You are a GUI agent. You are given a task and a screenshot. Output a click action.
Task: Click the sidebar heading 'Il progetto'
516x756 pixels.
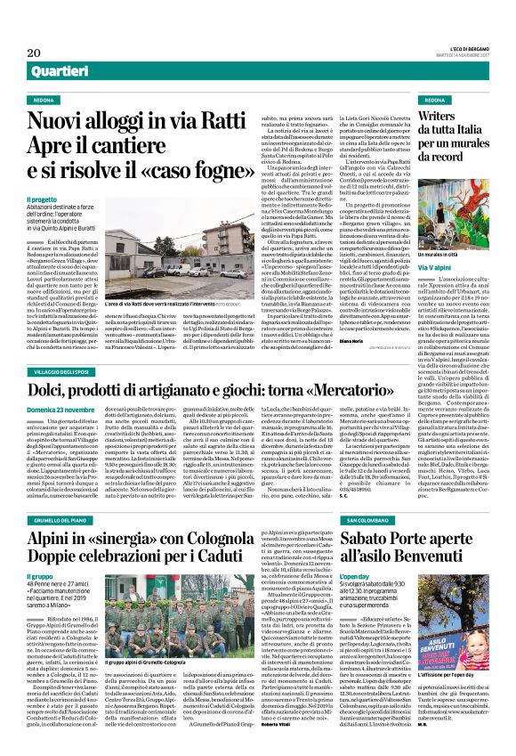tap(41, 200)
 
